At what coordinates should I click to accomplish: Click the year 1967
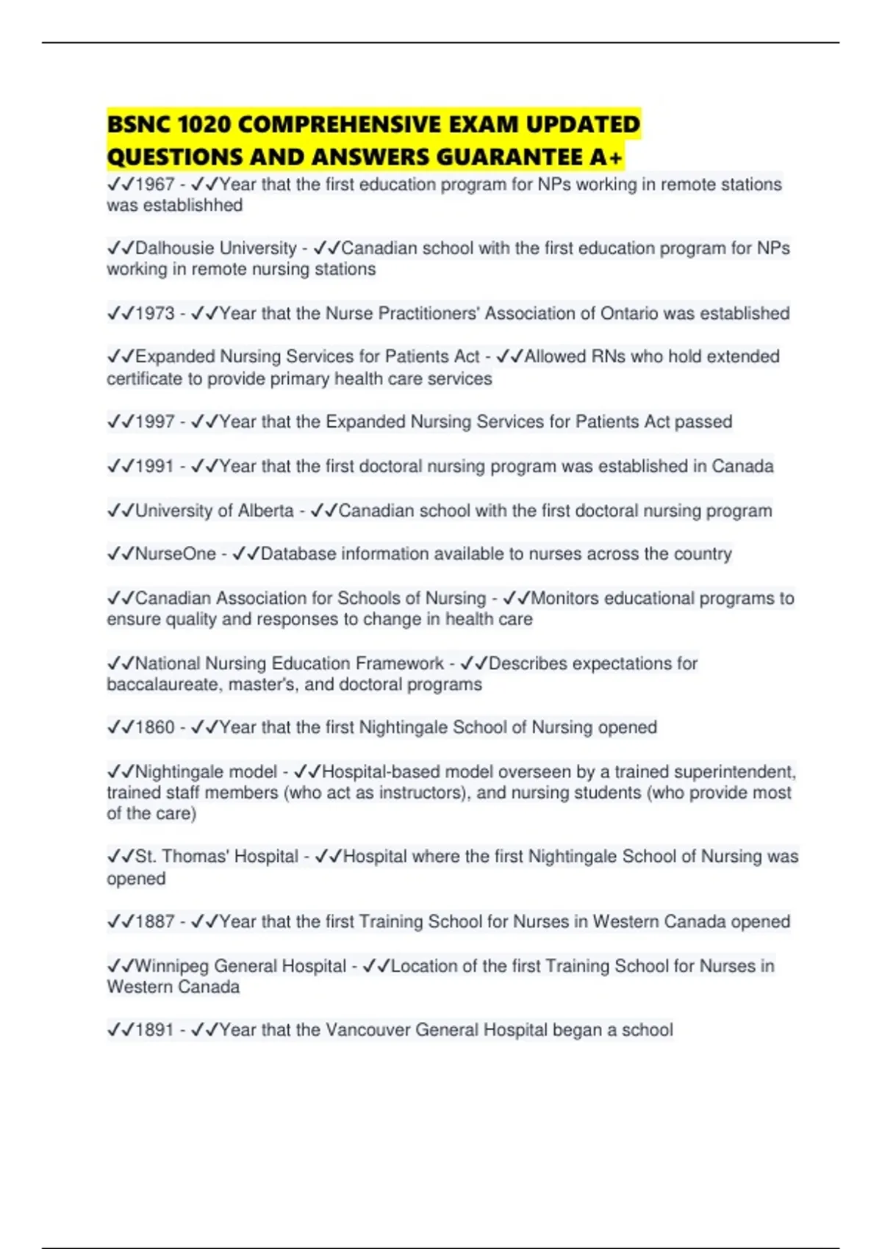155,184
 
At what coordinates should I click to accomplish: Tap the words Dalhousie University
215,248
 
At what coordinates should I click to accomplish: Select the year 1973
155,314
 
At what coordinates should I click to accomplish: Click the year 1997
155,422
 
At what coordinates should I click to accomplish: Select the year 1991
155,467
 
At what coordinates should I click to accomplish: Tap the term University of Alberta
214,511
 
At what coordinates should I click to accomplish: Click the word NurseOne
176,554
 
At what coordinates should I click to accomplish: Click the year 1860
155,727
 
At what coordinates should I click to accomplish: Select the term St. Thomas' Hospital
217,857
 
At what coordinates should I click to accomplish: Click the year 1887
155,922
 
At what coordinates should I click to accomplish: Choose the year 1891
155,1030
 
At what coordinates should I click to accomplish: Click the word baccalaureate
163,685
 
